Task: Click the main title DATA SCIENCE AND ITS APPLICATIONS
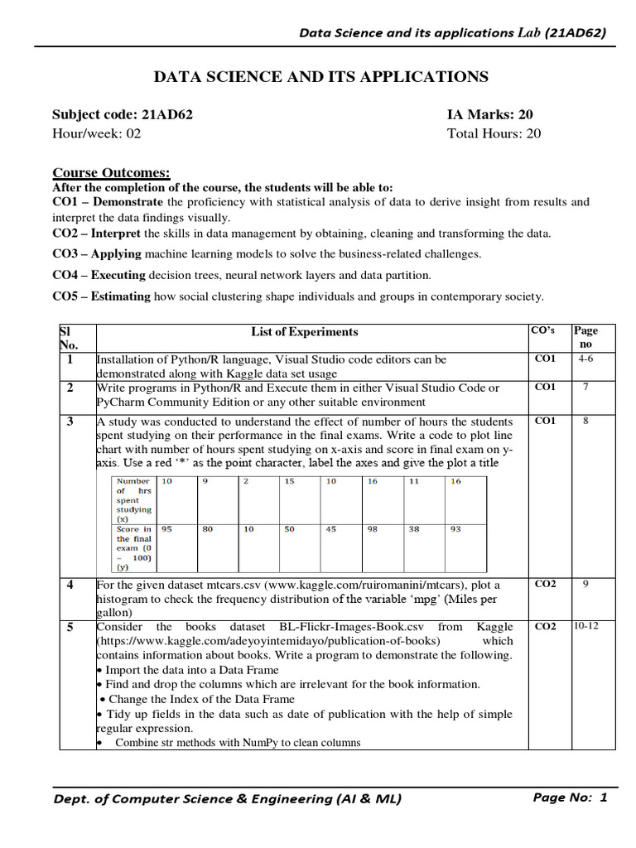coord(321,77)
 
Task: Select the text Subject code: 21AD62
coord(123,115)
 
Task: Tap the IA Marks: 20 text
coord(490,115)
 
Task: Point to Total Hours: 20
coord(494,133)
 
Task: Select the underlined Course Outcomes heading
coord(111,173)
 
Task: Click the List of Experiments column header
coord(305,332)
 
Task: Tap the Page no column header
coord(585,337)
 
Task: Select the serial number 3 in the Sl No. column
coord(70,422)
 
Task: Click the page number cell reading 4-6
coord(586,359)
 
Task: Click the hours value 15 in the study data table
coord(289,481)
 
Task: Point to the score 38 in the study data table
coord(414,529)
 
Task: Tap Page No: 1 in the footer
coord(571,797)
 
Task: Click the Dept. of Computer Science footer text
coord(227,798)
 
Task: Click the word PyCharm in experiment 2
coord(122,402)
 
